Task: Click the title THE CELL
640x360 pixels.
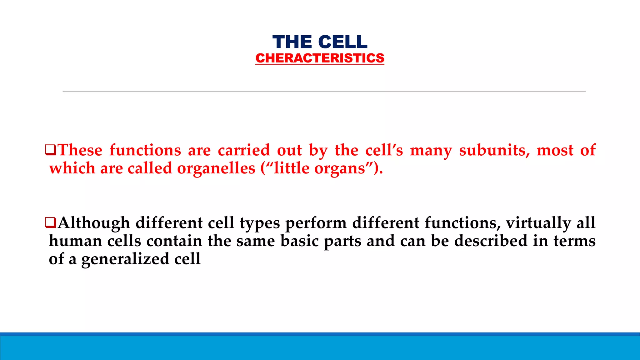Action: click(x=320, y=42)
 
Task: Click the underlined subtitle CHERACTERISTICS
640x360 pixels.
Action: click(x=320, y=58)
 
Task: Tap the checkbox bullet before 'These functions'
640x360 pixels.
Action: click(x=51, y=150)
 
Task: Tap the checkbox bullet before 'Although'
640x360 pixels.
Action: click(x=51, y=222)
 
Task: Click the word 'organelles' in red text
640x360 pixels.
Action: click(x=216, y=168)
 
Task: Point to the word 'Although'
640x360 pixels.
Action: click(x=94, y=223)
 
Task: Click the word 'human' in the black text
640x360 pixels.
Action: click(x=75, y=241)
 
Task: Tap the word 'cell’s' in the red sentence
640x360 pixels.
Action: click(x=384, y=150)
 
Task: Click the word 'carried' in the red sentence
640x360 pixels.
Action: click(x=244, y=150)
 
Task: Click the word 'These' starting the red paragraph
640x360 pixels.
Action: click(x=80, y=150)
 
